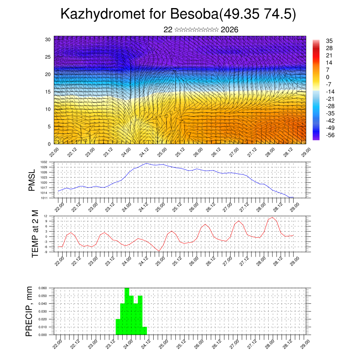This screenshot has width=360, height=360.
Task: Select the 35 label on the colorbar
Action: [x=329, y=41]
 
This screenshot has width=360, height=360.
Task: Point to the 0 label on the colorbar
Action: [x=328, y=77]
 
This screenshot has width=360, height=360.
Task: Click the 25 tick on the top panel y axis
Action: [x=48, y=57]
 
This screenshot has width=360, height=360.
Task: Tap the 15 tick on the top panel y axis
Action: [x=48, y=91]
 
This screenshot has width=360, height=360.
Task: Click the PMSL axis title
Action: [x=32, y=180]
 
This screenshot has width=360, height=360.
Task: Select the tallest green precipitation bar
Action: [x=127, y=309]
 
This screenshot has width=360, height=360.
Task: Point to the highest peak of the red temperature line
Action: [x=272, y=217]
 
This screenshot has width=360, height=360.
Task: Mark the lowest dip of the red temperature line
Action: [x=159, y=251]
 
